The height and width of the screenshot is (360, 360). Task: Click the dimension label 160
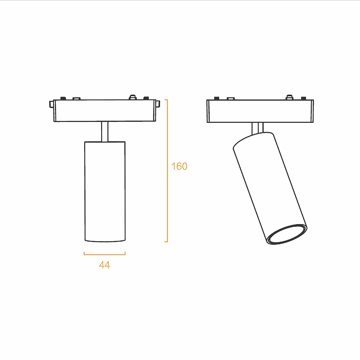pyautogui.click(x=179, y=166)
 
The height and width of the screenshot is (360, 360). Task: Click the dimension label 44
pyautogui.click(x=104, y=265)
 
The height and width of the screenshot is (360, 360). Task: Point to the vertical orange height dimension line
pyautogui.click(x=167, y=171)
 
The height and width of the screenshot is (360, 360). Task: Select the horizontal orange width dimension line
pyautogui.click(x=104, y=254)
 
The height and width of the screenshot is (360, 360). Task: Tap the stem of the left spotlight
pyautogui.click(x=105, y=131)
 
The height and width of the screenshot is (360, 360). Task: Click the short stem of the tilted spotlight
pyautogui.click(x=257, y=128)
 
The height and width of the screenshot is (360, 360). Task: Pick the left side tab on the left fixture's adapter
pyautogui.click(x=51, y=104)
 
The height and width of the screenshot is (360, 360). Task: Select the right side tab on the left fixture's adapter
pyautogui.click(x=158, y=104)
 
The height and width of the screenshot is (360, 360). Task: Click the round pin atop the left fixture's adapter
pyautogui.click(x=132, y=97)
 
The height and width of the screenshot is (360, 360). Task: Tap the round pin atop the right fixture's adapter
pyautogui.click(x=289, y=97)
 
